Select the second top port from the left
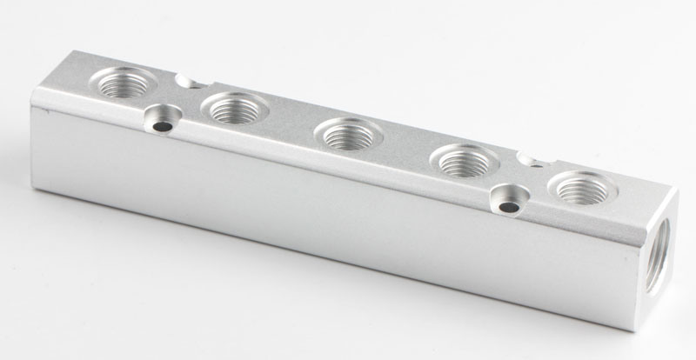coord(234,109)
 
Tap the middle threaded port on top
coord(346,134)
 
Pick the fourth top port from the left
coord(463,160)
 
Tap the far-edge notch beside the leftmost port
coord(185,81)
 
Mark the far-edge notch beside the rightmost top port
coord(527,157)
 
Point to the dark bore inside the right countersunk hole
coord(507,207)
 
